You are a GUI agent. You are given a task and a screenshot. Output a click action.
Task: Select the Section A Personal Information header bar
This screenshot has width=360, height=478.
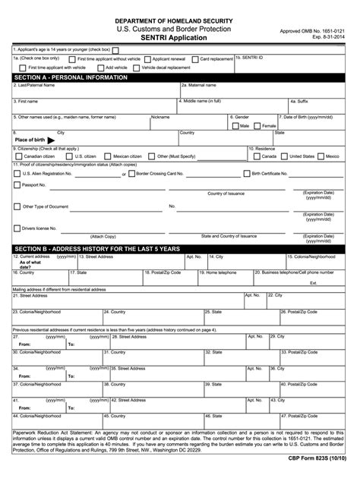click(x=179, y=77)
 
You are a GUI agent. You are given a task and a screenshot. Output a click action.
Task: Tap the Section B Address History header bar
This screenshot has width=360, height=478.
click(x=179, y=248)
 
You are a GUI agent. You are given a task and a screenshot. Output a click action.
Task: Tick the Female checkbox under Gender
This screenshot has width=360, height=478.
click(x=257, y=125)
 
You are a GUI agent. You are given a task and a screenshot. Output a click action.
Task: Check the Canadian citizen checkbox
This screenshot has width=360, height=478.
click(x=18, y=156)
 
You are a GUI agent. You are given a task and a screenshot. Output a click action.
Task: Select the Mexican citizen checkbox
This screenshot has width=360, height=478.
click(x=106, y=156)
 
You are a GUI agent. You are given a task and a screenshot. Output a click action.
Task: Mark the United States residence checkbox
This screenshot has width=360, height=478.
click(x=285, y=156)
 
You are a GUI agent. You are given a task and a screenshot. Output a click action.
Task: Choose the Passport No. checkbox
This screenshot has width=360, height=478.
click(x=17, y=184)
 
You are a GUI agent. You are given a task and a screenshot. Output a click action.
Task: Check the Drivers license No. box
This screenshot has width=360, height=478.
click(x=17, y=227)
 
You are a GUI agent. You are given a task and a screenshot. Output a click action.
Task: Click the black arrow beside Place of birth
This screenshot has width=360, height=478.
click(x=52, y=140)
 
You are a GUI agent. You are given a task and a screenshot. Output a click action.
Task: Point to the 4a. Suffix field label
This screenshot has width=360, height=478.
click(x=298, y=100)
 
